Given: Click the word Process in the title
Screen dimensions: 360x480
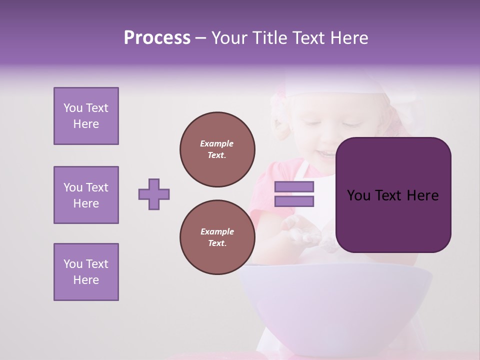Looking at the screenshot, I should [x=157, y=38].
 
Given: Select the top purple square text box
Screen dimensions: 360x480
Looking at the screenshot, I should [x=86, y=116].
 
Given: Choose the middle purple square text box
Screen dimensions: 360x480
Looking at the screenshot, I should [x=86, y=195].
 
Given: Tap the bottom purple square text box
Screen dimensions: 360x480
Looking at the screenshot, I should [x=86, y=272].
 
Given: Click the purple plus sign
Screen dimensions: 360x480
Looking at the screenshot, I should [x=154, y=194].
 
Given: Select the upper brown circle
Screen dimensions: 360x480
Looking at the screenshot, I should [x=217, y=149].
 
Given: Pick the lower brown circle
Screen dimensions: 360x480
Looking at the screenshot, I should [x=217, y=237].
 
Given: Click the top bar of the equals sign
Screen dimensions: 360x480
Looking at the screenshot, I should [x=294, y=187].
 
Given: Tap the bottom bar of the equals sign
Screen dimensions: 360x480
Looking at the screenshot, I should [x=294, y=201].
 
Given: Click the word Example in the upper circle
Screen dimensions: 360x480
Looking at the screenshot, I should [x=217, y=143].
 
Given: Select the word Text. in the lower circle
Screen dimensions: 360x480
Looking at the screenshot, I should [x=217, y=243].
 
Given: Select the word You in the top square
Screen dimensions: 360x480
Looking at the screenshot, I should [x=72, y=108].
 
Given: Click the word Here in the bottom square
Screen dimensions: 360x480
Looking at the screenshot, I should [x=86, y=280].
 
